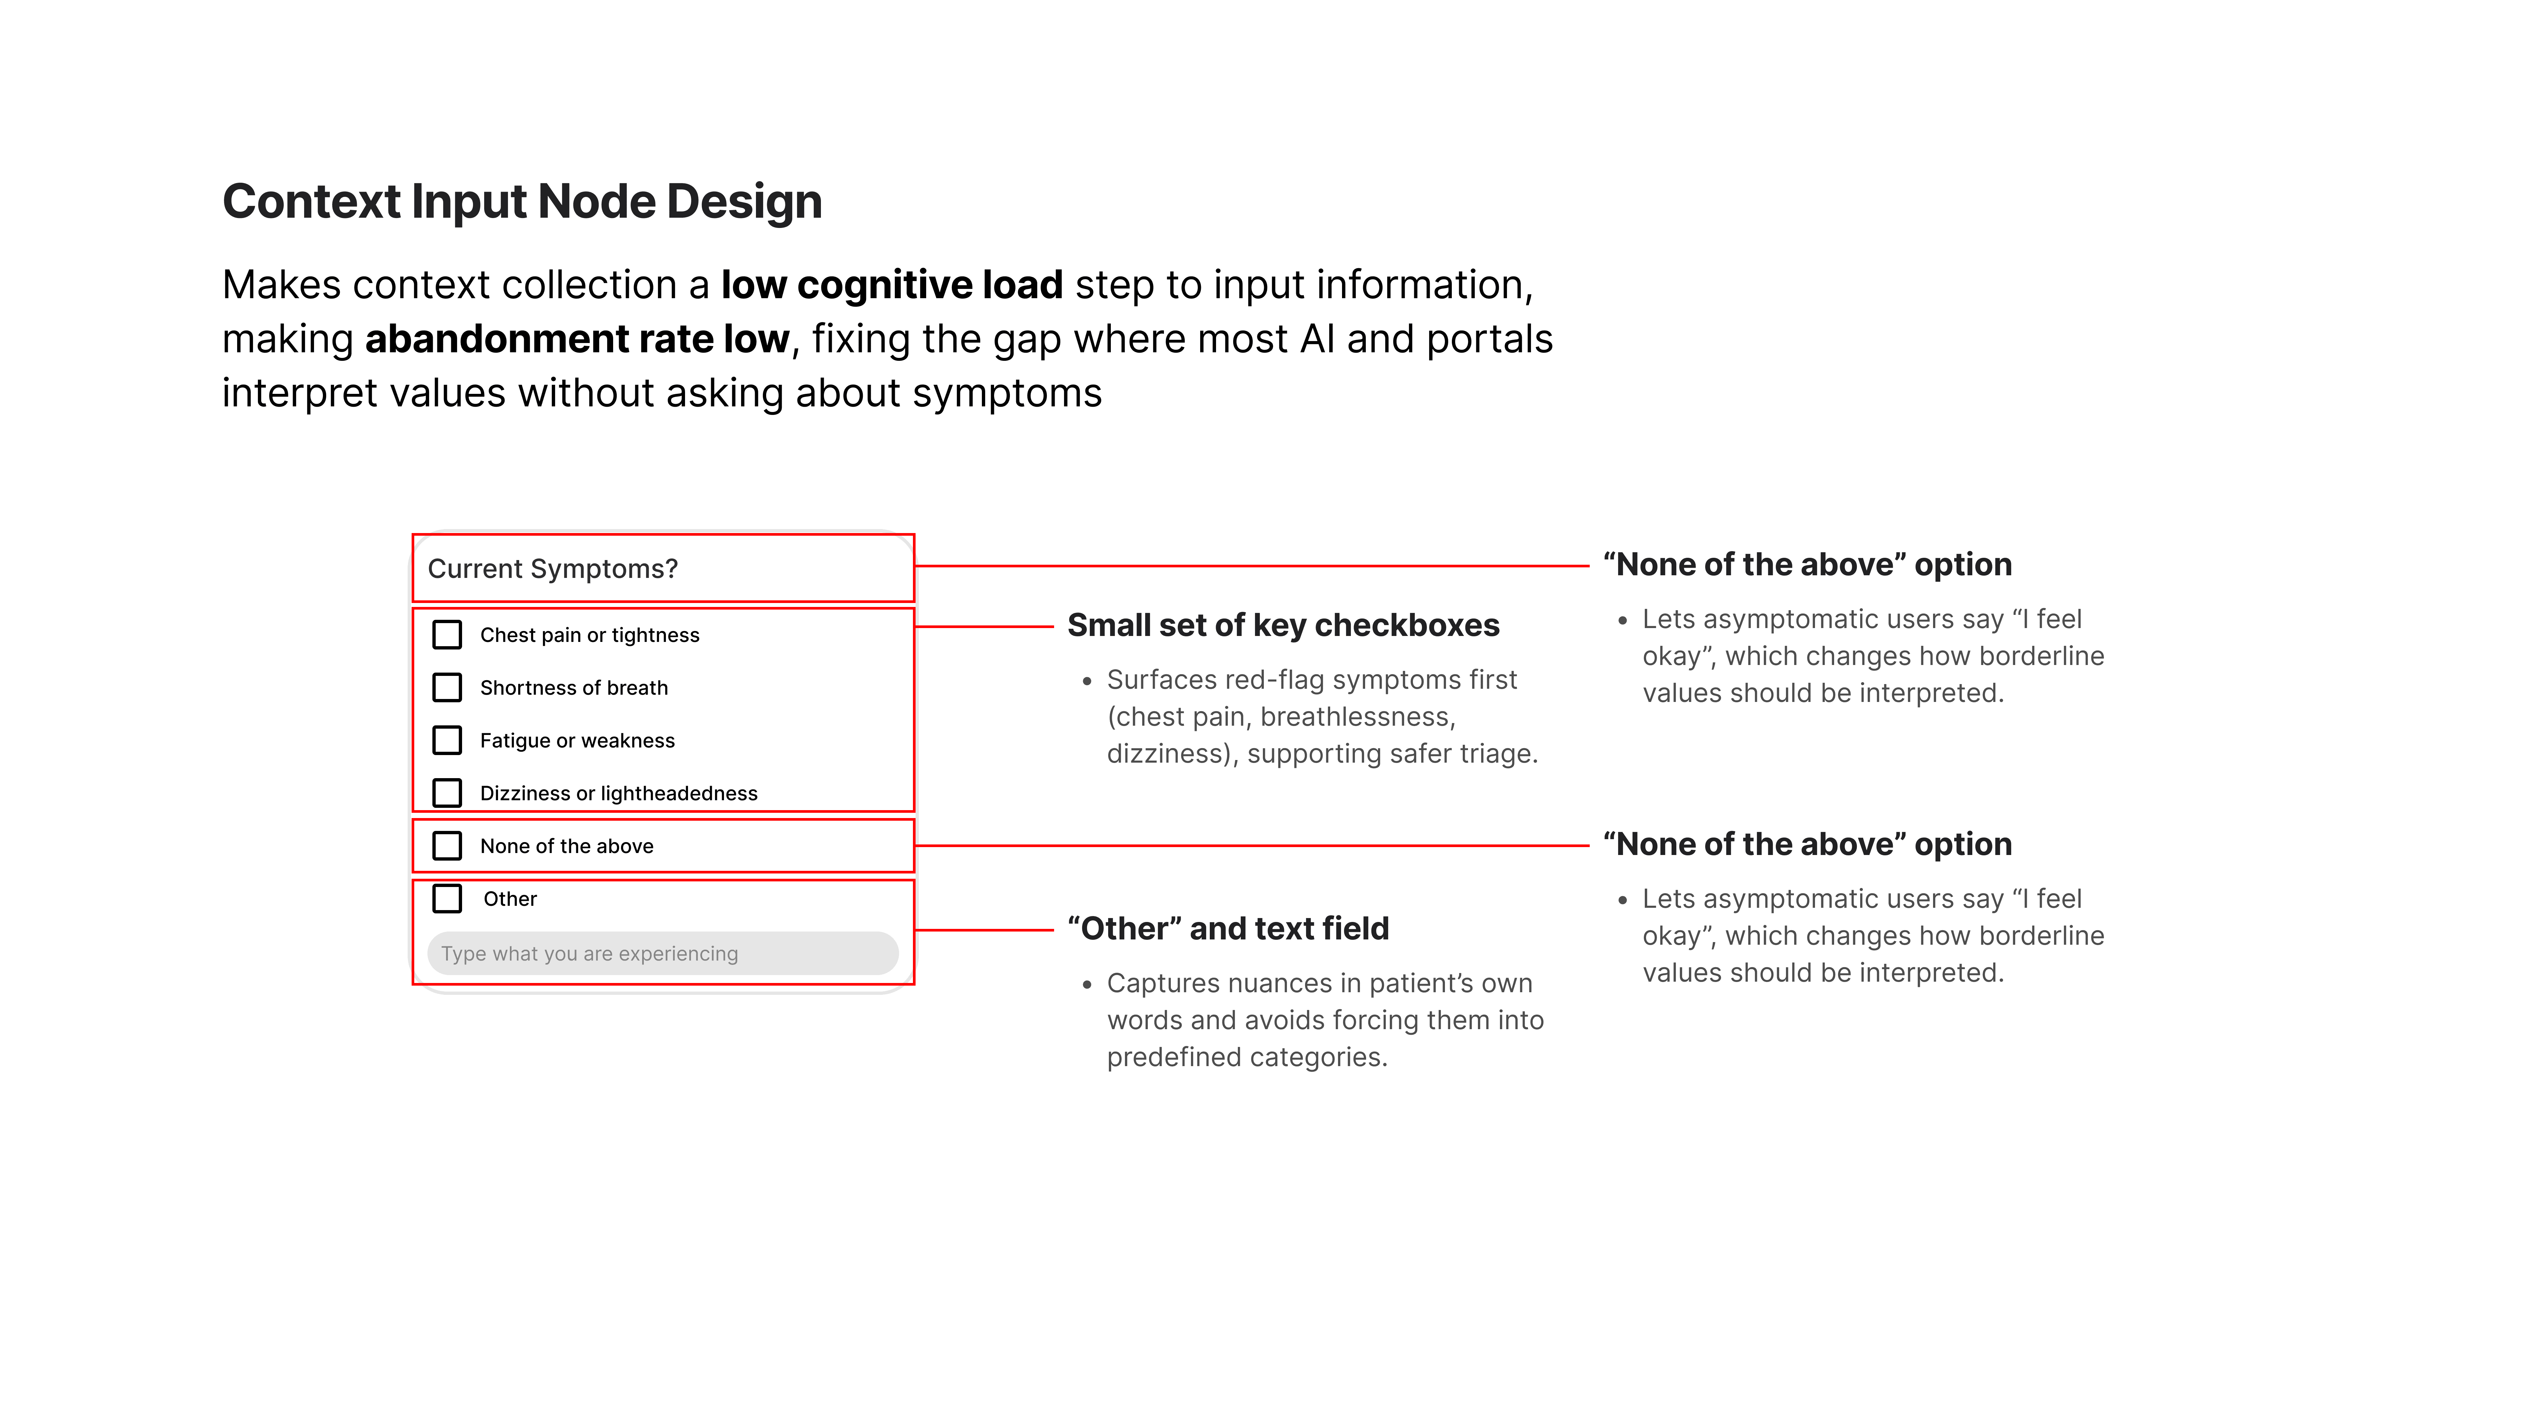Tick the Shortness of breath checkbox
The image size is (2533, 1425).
pos(448,687)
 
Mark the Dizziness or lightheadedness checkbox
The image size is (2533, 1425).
pos(448,793)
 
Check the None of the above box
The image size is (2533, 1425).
pos(448,846)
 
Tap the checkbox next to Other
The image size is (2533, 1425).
pos(448,898)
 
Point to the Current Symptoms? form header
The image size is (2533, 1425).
pos(553,568)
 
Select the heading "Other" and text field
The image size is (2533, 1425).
pos(1228,928)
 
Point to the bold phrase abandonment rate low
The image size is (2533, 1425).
pos(577,339)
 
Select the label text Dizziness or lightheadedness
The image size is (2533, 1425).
pos(618,794)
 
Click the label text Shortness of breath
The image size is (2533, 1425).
pos(573,688)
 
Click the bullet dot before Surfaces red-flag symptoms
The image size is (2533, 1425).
pos(1086,681)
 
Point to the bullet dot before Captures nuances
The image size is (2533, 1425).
pos(1086,984)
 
